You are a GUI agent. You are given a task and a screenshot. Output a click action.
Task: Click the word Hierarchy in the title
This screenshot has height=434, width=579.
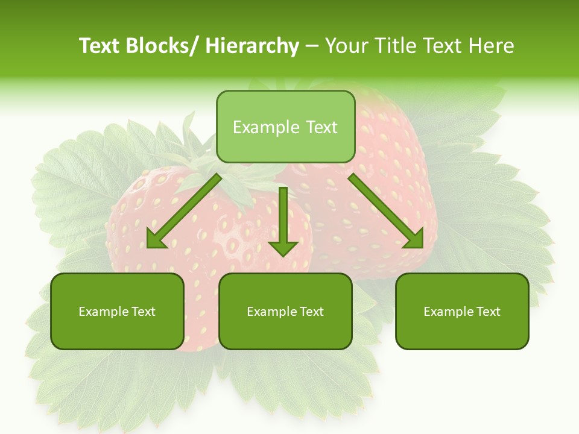[x=252, y=46]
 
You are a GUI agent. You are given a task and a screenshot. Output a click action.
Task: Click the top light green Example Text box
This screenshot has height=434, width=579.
[x=285, y=127]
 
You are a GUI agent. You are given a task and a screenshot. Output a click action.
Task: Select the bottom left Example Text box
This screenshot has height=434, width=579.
[x=117, y=312]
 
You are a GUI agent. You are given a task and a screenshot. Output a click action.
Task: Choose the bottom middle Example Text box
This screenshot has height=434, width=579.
[x=285, y=312]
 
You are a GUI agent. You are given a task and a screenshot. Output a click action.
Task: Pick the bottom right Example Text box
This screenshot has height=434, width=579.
[x=462, y=312]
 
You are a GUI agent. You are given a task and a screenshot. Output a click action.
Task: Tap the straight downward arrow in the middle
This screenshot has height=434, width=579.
[x=283, y=220]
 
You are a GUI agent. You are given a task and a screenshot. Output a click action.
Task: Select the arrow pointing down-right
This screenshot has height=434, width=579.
[x=386, y=211]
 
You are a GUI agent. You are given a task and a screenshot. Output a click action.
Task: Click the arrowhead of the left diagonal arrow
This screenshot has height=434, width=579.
[x=156, y=240]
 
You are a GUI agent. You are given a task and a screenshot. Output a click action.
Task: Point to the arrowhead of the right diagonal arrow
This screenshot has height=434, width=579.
[x=414, y=240]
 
